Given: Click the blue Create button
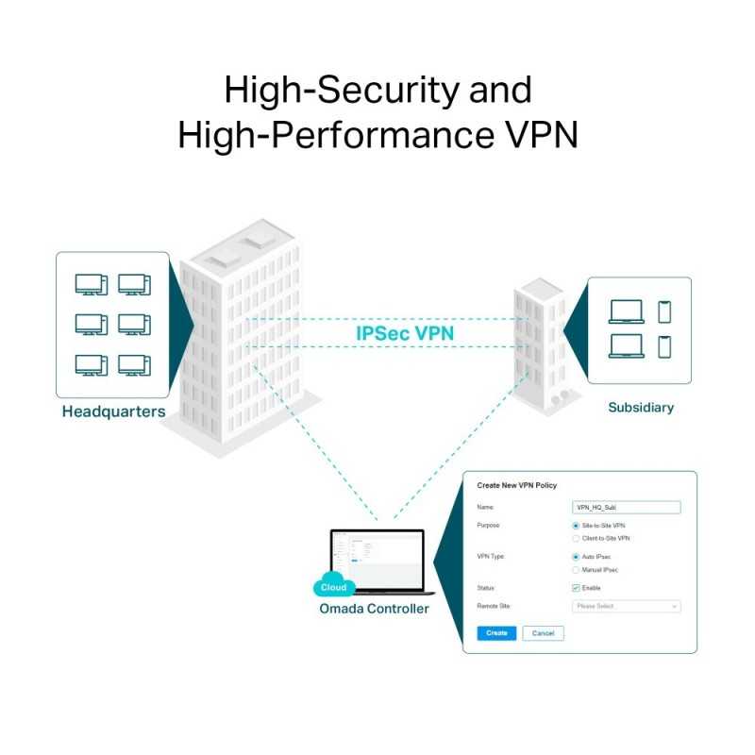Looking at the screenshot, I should pyautogui.click(x=496, y=633).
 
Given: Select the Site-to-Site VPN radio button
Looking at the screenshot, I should pyautogui.click(x=576, y=525).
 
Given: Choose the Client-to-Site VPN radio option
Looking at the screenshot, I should pyautogui.click(x=576, y=538).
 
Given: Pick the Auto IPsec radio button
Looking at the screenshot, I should pyautogui.click(x=576, y=557).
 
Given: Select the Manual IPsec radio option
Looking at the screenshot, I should pyautogui.click(x=576, y=570).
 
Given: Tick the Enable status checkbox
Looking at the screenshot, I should pyautogui.click(x=576, y=588).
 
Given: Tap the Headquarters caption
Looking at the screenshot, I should pyautogui.click(x=113, y=411).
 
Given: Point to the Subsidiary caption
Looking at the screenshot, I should pyautogui.click(x=641, y=408).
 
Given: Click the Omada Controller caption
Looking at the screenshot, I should pyautogui.click(x=374, y=609).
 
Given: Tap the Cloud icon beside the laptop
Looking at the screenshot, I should pyautogui.click(x=334, y=587).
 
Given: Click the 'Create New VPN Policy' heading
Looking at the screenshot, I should pyautogui.click(x=516, y=485).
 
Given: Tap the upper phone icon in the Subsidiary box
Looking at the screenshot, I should pyautogui.click(x=664, y=311).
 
